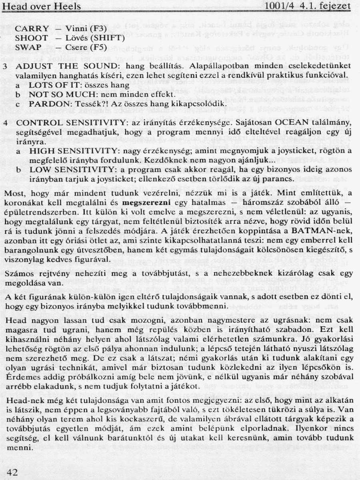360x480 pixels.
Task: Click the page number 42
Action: pyautogui.click(x=12, y=472)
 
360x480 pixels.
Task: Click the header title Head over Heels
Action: pyautogui.click(x=41, y=6)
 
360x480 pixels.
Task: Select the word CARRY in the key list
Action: pyautogui.click(x=32, y=29)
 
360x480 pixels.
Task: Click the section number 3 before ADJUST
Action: pyautogui.click(x=5, y=66)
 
